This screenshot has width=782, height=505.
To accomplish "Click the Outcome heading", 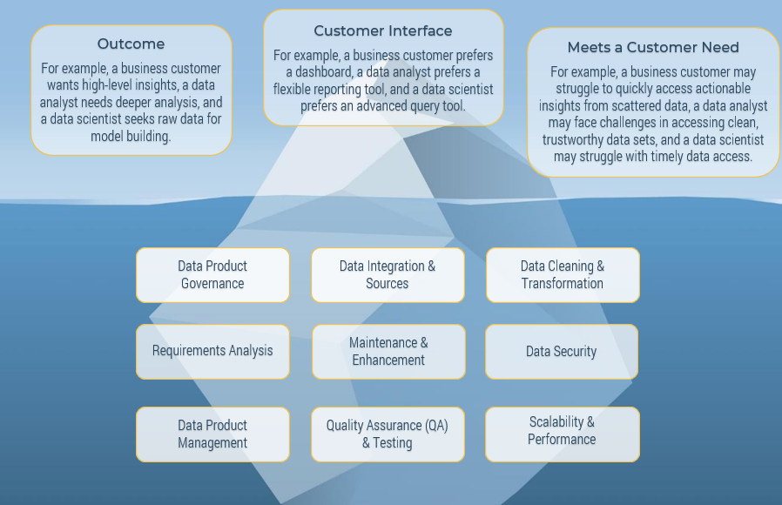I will [x=131, y=44].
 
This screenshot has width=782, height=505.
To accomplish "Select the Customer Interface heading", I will [x=383, y=30].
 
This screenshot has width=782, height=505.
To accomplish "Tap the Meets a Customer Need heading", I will [x=653, y=48].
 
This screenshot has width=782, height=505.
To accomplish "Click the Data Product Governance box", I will [x=212, y=275].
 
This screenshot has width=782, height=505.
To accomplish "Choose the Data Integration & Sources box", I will [x=388, y=275].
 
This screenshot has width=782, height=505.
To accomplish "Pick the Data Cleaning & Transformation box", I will [x=563, y=275].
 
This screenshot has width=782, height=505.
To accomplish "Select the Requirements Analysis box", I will [x=212, y=351].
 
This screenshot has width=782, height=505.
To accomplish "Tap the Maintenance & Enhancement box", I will [x=388, y=351].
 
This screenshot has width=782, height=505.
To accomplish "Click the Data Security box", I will [x=562, y=352].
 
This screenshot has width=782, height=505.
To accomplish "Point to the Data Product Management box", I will [x=212, y=434].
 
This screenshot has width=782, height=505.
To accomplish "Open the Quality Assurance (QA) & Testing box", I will [x=388, y=434].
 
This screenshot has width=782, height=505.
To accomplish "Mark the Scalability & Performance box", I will [x=562, y=431].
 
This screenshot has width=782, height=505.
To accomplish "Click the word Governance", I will [x=212, y=284].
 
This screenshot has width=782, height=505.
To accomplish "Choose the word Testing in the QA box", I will [x=393, y=443].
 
